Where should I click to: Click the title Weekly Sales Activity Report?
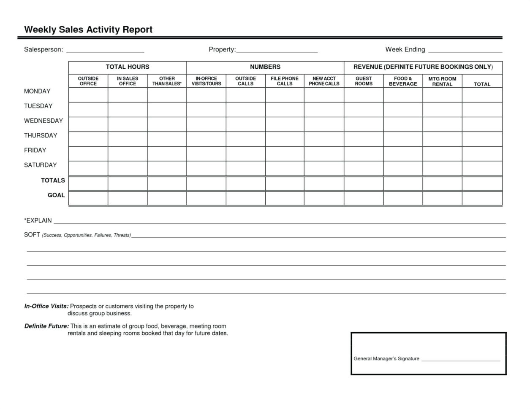point(88,30)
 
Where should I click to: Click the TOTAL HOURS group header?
point(128,67)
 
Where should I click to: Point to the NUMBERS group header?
point(265,67)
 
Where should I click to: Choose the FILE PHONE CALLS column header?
point(285,81)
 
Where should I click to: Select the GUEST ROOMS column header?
point(364,81)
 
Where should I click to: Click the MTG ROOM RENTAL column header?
point(442,81)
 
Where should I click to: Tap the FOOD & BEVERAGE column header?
point(403,81)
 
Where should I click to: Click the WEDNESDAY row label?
point(43,121)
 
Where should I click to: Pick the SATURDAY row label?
point(41,165)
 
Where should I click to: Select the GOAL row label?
point(56,195)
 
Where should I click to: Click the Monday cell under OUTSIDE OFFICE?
point(88,95)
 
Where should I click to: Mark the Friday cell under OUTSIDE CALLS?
point(245,153)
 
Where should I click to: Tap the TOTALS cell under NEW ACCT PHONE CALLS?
point(324,183)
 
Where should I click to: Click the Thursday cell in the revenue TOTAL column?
point(482,139)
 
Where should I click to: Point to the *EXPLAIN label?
point(38,221)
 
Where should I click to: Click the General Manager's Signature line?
point(460,360)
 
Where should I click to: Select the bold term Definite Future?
point(46,326)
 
